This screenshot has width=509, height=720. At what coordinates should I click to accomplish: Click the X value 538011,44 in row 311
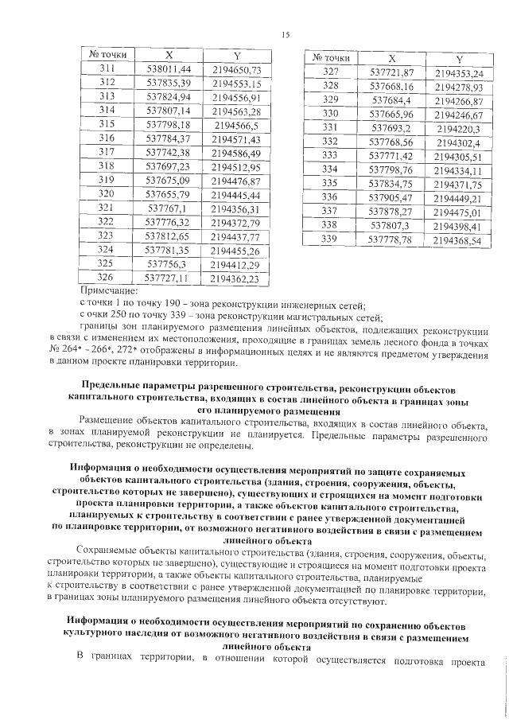[x=169, y=70]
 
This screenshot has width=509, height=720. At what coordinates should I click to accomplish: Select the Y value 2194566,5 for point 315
[x=236, y=125]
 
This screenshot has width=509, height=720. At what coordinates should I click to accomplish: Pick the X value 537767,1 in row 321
[x=169, y=208]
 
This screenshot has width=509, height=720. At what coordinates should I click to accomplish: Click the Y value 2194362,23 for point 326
[x=236, y=278]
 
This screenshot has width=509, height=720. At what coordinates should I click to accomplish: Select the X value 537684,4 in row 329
[x=390, y=101]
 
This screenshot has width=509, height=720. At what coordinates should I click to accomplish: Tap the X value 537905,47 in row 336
[x=390, y=197]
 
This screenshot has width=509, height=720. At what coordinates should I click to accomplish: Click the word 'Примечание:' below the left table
[x=109, y=291]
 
